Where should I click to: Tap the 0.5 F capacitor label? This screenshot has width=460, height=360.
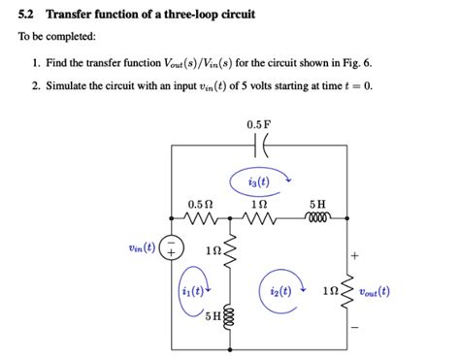pos(258,124)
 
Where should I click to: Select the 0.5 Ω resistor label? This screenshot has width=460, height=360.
pos(200,205)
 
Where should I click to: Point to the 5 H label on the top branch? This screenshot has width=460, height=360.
pos(317,205)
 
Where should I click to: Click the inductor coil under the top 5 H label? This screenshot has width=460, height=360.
pos(317,220)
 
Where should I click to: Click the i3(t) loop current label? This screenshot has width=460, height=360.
pos(259,181)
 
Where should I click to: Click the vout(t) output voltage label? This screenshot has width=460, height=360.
pos(375,290)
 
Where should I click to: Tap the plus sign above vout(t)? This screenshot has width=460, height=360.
pos(355,257)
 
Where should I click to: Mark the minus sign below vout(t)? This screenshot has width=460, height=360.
pos(355,325)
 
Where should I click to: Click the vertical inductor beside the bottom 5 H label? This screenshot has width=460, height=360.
pos(230,316)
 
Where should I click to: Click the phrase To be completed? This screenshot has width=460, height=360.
pos(54,36)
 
